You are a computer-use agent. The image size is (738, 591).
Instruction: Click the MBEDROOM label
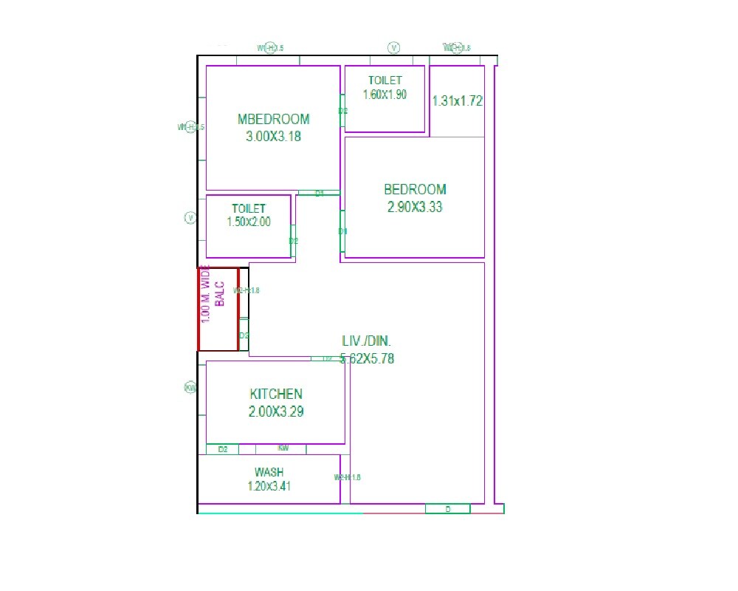pos(273,119)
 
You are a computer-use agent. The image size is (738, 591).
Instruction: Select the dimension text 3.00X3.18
pos(273,136)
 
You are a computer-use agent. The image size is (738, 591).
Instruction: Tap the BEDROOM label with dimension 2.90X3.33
pos(415,189)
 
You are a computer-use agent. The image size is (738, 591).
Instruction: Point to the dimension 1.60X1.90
pos(384,95)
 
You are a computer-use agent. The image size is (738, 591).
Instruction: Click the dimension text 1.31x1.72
pos(458,101)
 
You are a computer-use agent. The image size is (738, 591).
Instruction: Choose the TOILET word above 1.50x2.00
pos(249,209)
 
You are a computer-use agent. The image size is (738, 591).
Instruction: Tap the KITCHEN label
pos(275,394)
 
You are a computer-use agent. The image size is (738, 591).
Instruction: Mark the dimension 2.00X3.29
pos(275,411)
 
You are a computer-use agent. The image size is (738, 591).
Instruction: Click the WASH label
pos(269,472)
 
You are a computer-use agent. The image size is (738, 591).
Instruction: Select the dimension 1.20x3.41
pos(269,486)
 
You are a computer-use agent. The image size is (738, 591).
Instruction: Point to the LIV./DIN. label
pos(367,341)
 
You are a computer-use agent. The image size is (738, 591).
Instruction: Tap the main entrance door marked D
pos(448,509)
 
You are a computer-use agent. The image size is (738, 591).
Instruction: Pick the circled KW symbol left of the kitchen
pos(190,388)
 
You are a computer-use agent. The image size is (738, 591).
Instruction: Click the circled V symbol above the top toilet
pos(394,48)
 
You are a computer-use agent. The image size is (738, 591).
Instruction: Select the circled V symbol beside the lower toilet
pos(190,218)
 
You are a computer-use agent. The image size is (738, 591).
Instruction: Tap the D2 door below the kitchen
pos(223,449)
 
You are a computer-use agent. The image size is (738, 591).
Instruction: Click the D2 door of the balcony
pos(244,335)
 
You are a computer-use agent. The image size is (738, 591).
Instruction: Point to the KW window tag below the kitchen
pos(283,448)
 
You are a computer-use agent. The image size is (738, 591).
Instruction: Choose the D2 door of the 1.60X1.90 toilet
pos(342,111)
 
